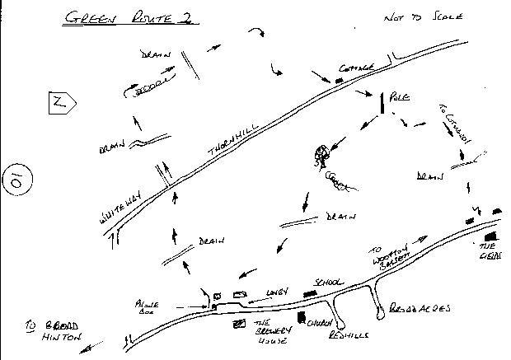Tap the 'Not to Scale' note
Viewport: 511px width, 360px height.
(x=424, y=17)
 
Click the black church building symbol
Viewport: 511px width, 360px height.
(x=302, y=317)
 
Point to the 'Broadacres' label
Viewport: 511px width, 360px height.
(x=420, y=308)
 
